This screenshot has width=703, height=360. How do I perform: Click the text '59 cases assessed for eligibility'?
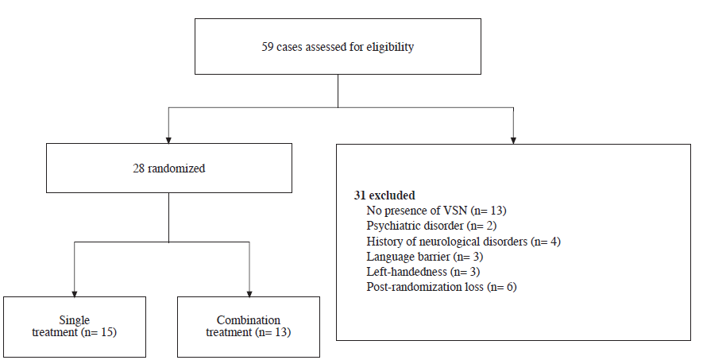(x=338, y=47)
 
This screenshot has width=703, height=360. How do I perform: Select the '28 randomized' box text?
(x=168, y=168)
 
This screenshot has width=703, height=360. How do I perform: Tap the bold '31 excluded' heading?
(x=384, y=195)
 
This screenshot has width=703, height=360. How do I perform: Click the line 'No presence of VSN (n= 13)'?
(x=436, y=211)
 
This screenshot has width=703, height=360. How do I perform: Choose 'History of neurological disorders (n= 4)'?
(x=464, y=241)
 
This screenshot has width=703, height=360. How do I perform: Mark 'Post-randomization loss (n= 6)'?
(x=442, y=286)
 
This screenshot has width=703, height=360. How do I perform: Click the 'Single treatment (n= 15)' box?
(x=74, y=326)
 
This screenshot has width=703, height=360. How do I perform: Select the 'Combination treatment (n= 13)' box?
(x=249, y=326)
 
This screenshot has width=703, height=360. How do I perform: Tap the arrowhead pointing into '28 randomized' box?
(x=168, y=139)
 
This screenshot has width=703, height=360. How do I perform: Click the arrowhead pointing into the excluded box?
(x=513, y=139)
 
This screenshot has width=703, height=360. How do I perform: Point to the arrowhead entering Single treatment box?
(x=74, y=292)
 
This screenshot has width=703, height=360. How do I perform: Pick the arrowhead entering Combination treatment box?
(x=249, y=292)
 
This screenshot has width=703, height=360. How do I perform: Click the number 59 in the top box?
(x=268, y=47)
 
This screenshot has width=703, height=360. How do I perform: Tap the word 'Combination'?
(x=249, y=319)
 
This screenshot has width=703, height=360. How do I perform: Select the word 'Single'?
(x=74, y=319)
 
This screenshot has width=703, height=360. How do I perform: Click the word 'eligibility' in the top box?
(x=391, y=47)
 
